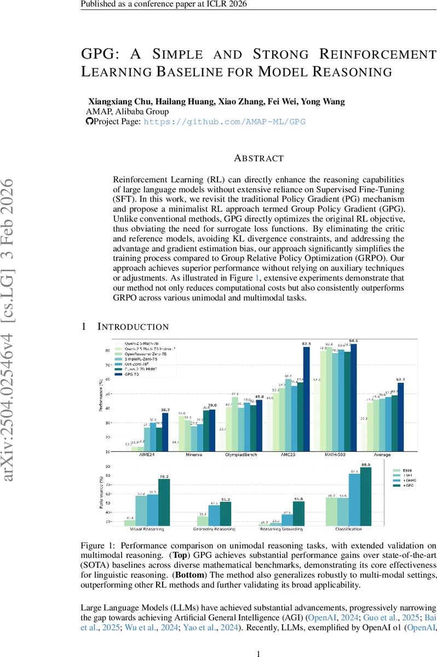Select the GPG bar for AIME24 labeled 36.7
click(165, 432)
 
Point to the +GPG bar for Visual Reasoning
click(164, 503)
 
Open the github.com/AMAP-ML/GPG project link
click(224, 122)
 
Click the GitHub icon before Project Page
click(90, 122)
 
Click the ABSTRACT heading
click(258, 158)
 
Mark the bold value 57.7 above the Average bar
click(401, 379)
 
